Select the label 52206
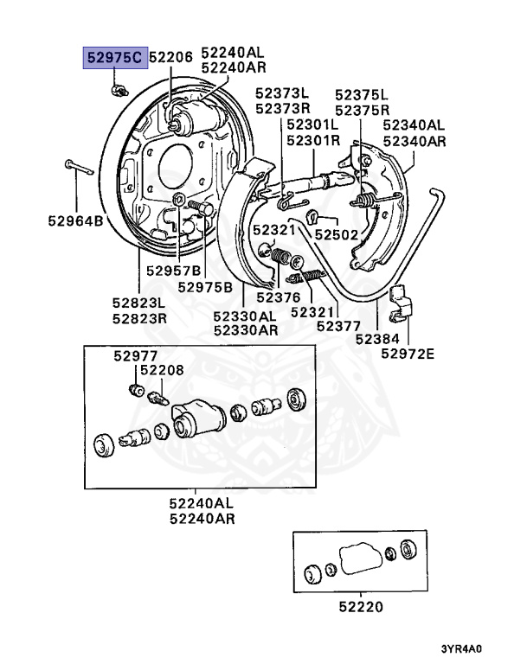coord(170,57)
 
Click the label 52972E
coord(407,354)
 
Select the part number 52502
coord(336,233)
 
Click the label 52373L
coord(281,93)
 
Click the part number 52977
coord(133,355)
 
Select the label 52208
coord(163,370)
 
